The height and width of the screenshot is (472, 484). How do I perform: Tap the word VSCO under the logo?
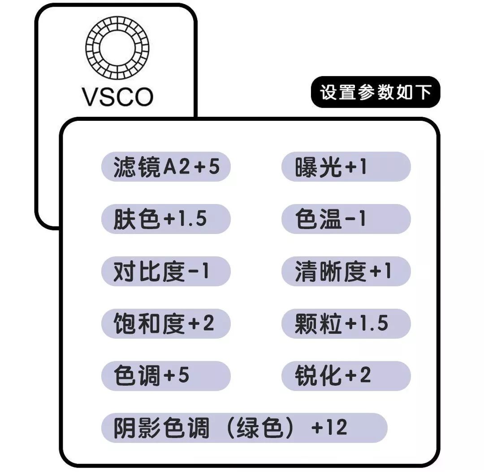(117, 97)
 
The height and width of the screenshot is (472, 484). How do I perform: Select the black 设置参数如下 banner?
(376, 92)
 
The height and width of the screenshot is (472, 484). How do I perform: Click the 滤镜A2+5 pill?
(166, 167)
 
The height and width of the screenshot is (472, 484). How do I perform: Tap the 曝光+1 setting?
(346, 167)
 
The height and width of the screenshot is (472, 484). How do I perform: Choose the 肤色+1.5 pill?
(166, 219)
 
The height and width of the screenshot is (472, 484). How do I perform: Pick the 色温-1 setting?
(346, 219)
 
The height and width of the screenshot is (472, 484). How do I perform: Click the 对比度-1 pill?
(166, 272)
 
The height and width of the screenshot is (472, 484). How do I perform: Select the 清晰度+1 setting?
(346, 272)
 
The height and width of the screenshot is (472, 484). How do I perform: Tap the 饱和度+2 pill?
(166, 323)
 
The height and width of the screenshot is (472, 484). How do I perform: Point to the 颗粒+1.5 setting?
(346, 323)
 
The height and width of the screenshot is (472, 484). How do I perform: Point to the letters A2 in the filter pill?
(177, 167)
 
